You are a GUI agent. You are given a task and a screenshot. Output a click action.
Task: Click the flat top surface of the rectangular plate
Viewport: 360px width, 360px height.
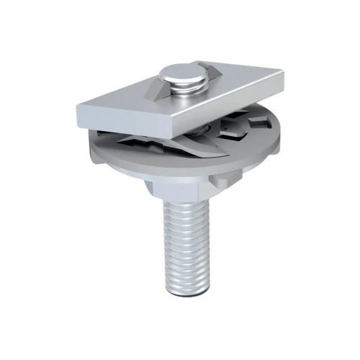coord(216,86)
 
